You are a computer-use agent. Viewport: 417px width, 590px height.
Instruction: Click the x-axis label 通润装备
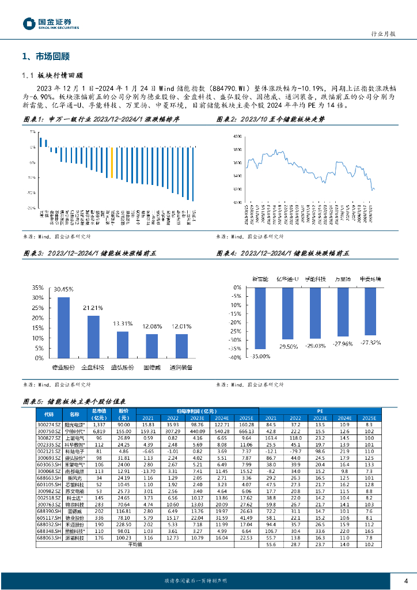point(181,367)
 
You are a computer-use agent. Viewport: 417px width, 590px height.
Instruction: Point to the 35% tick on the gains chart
point(37,288)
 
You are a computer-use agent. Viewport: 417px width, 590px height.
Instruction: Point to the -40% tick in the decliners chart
point(233,358)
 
